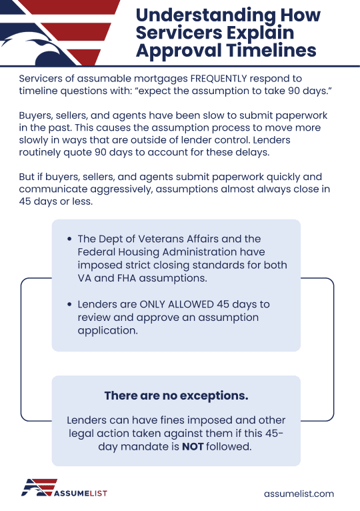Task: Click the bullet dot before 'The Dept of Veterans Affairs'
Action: [x=70, y=239]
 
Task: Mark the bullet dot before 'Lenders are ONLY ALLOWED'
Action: [x=70, y=304]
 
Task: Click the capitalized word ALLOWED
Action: [x=188, y=304]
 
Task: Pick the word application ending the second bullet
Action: [x=108, y=330]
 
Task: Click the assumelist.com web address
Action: [x=299, y=494]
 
